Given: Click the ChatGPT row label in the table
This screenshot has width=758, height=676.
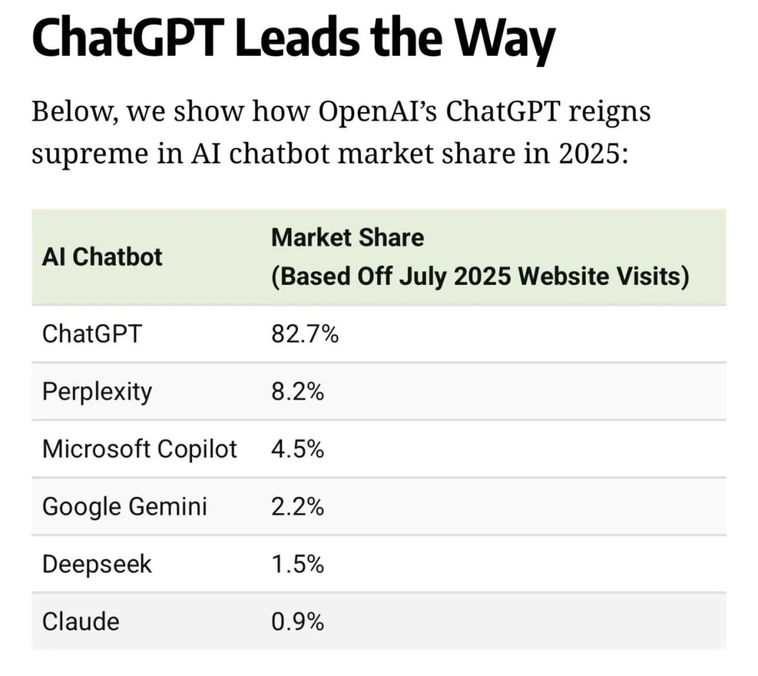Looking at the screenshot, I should coord(92,334).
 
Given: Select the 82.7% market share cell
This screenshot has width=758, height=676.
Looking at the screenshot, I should coord(305,334).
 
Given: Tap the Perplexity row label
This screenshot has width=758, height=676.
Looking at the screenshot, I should coord(97,392).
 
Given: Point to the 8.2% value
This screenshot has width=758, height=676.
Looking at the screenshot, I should coord(297,392).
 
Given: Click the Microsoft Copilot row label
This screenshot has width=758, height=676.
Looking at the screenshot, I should coord(140,449).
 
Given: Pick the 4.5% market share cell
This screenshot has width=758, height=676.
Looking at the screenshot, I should coord(297,449).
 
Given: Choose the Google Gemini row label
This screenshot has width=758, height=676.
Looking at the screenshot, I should coord(125,506).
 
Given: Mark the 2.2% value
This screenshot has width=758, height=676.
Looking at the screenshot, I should coord(297,506).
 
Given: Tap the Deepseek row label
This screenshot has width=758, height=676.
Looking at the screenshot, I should coord(97,565).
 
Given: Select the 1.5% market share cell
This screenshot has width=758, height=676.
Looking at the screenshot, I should coord(297,565).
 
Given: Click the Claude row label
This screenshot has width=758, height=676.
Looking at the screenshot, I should coord(81,622).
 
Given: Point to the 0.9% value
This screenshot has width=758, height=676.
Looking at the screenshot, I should coord(297,622).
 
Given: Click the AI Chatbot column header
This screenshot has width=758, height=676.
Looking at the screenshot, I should coord(102,257).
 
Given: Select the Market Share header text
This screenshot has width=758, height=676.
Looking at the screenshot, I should coord(347,238).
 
